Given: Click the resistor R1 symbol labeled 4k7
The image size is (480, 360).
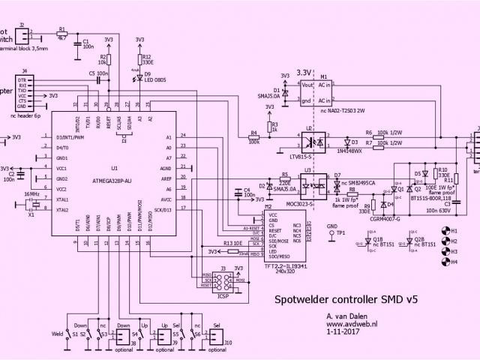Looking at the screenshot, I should point(62,34).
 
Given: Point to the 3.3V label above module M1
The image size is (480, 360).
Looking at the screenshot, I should point(304,72).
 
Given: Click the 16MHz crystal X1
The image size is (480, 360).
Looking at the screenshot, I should point(31,205).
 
